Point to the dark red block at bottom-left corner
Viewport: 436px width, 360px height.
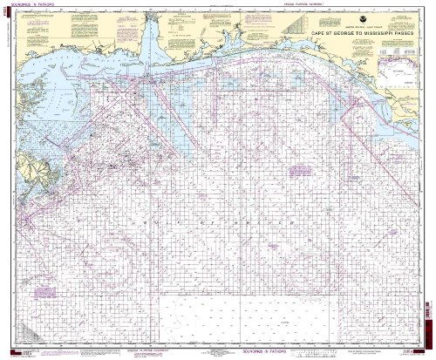point(6,349)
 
